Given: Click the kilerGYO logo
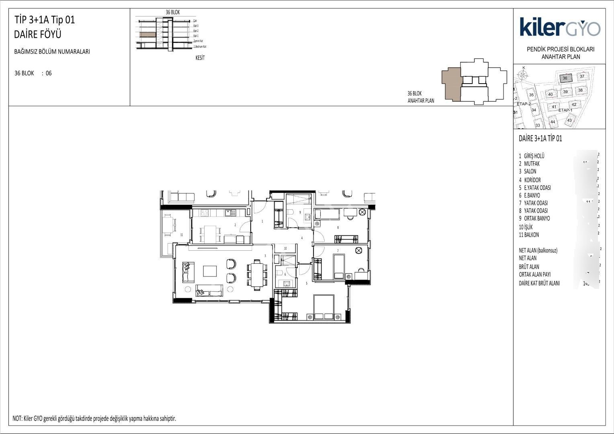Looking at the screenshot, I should click(560, 27).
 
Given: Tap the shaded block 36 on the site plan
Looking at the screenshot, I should click(565, 78).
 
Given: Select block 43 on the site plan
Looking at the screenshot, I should click(569, 120).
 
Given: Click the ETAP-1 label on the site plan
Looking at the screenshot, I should click(565, 110).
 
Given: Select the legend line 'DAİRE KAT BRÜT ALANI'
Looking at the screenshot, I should click(539, 283).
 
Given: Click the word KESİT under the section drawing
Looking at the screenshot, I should click(200, 58).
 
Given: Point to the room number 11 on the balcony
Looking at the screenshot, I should click(182, 235).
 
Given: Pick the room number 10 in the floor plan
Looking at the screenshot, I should click(285, 249).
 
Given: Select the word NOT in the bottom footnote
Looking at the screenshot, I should click(17, 419).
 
